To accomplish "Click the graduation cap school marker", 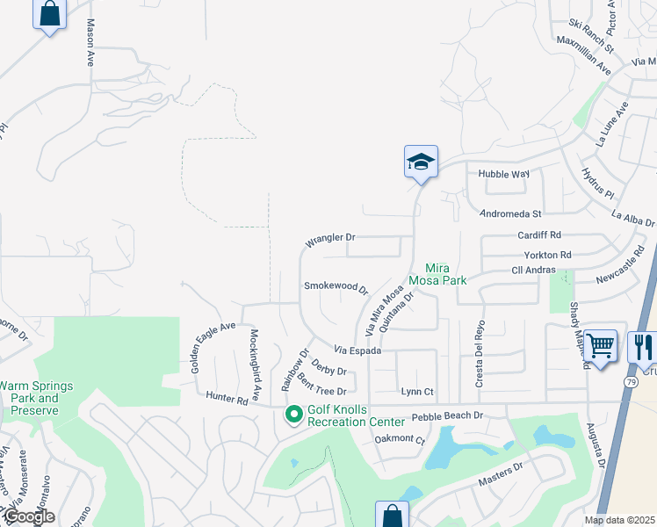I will (422, 162).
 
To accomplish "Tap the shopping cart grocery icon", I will (601, 346).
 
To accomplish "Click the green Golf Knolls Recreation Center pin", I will (293, 413).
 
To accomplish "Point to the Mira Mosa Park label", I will (445, 274).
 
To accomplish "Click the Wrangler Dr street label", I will (330, 239).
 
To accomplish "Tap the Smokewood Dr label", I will (336, 286).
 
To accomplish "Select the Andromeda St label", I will (510, 213).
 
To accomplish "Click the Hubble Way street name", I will (503, 174).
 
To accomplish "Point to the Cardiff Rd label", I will (539, 235).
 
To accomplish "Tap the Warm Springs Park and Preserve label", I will (37, 398).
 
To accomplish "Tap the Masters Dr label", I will (501, 473).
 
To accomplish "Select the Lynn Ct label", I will (417, 392).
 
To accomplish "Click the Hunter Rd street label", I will (227, 397).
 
